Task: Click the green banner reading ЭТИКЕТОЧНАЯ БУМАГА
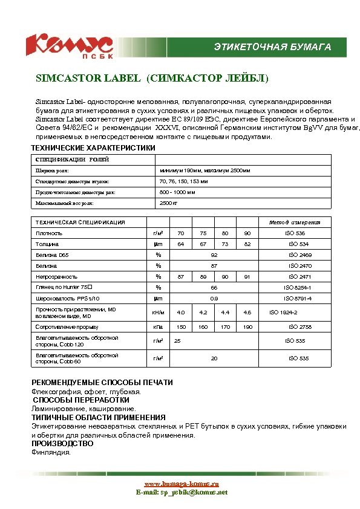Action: tap(272, 47)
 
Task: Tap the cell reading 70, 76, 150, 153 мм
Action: tap(183, 181)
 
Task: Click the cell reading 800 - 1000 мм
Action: tap(177, 192)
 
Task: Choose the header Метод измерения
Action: tap(298, 222)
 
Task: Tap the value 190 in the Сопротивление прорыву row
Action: tap(247, 326)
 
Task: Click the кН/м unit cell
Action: tap(158, 313)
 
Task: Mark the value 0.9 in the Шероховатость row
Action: tap(214, 299)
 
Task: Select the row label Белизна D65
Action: tap(52, 254)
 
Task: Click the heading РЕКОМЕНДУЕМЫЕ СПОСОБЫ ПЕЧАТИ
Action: tap(102, 383)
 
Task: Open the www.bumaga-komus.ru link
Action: tap(182, 484)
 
